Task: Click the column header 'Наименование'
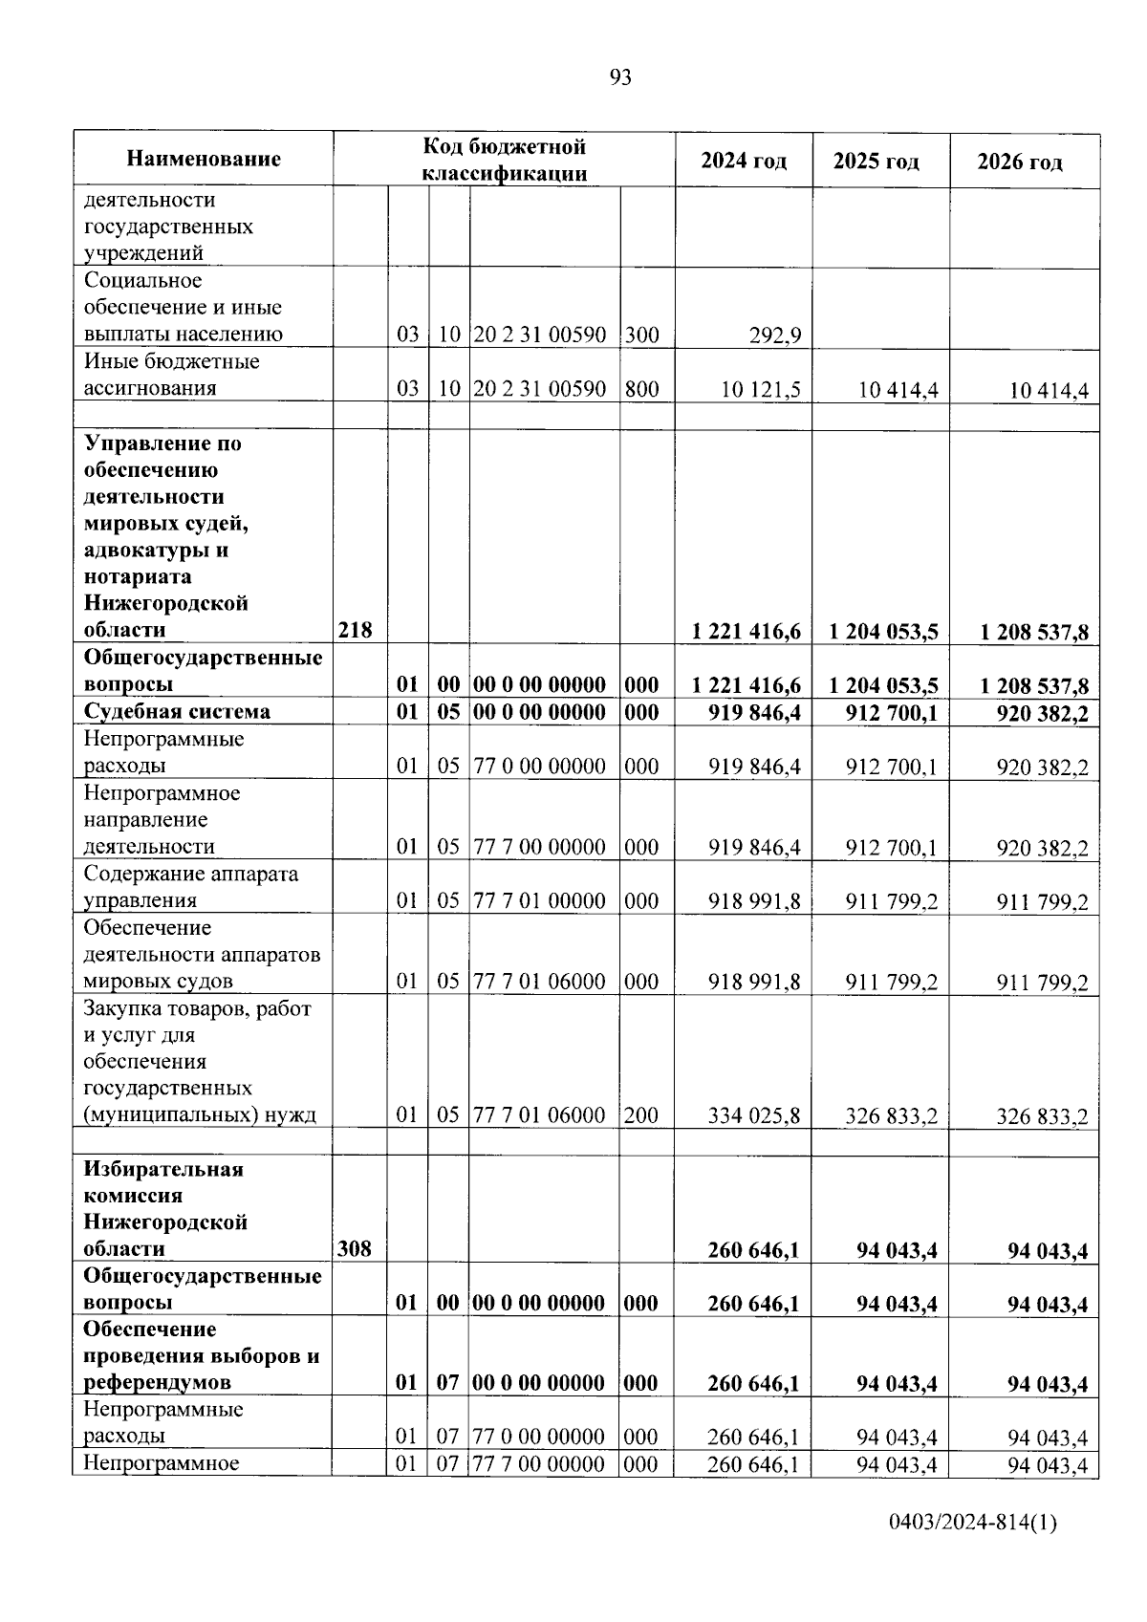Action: pos(204,159)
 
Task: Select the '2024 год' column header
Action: pos(744,161)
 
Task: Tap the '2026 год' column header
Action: pos(1019,162)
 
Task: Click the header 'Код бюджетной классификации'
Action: pos(504,160)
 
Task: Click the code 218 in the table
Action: pos(355,630)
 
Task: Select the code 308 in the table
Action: pos(355,1249)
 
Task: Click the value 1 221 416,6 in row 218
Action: pos(746,631)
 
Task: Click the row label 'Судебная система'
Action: pos(177,712)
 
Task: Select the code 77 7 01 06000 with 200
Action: pos(540,1115)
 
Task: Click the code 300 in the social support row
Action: pos(641,335)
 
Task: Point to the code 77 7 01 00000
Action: pos(540,900)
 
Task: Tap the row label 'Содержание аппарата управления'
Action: pos(190,887)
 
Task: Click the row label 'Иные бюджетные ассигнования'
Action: pos(171,375)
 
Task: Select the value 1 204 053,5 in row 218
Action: pos(883,631)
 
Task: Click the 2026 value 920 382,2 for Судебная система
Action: pos(1041,713)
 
